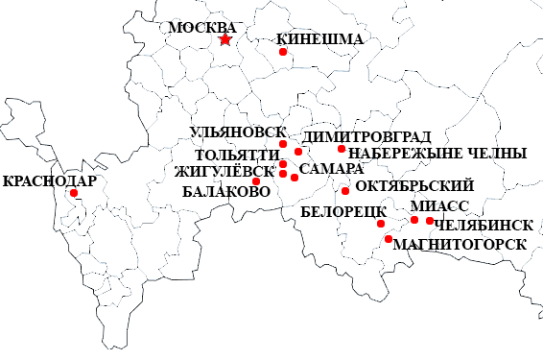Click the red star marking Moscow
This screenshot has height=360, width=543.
tap(225, 39)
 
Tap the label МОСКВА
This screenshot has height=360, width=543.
tap(201, 27)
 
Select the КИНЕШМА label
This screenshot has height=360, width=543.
tap(319, 40)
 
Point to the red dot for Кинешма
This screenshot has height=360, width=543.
tap(283, 52)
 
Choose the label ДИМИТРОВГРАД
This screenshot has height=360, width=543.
tap(366, 137)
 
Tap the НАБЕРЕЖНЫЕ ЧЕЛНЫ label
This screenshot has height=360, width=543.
tap(437, 154)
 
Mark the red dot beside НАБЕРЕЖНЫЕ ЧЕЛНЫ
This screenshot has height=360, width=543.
tap(342, 149)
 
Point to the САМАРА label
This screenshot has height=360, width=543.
tap(329, 169)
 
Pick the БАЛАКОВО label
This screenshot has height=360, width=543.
tap(225, 191)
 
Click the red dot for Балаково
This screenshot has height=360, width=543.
tap(256, 181)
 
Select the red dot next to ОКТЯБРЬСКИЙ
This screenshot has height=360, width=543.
tap(345, 190)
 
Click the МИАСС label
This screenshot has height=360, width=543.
tap(438, 206)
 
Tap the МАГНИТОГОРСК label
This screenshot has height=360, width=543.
tap(460, 244)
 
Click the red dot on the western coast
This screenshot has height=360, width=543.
tap(74, 193)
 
